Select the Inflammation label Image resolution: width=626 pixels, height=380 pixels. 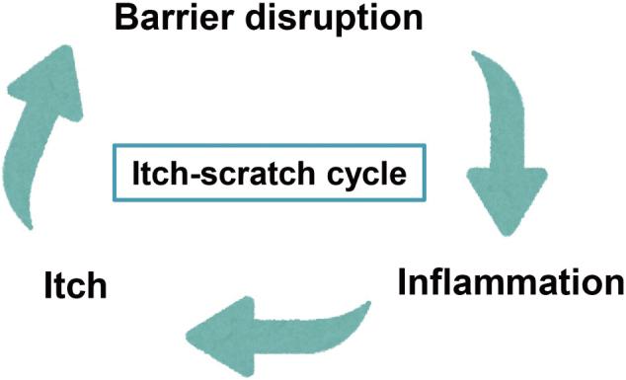pos(510,284)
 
